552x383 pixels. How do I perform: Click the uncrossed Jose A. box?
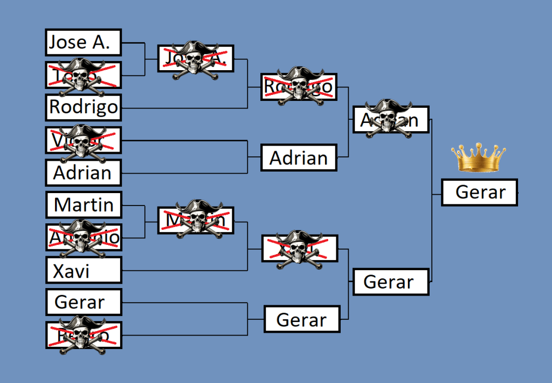click(x=83, y=43)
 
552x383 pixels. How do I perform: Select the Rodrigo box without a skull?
click(x=83, y=107)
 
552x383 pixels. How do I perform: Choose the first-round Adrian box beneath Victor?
click(x=83, y=173)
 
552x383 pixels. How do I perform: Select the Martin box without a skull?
click(x=83, y=205)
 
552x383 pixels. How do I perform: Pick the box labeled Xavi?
click(x=83, y=270)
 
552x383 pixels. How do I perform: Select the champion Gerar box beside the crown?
click(x=479, y=193)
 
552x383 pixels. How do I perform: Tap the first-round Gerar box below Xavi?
click(x=83, y=302)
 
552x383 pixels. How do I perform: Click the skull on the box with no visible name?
click(x=298, y=249)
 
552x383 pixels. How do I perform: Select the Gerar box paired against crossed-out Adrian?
click(x=390, y=282)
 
